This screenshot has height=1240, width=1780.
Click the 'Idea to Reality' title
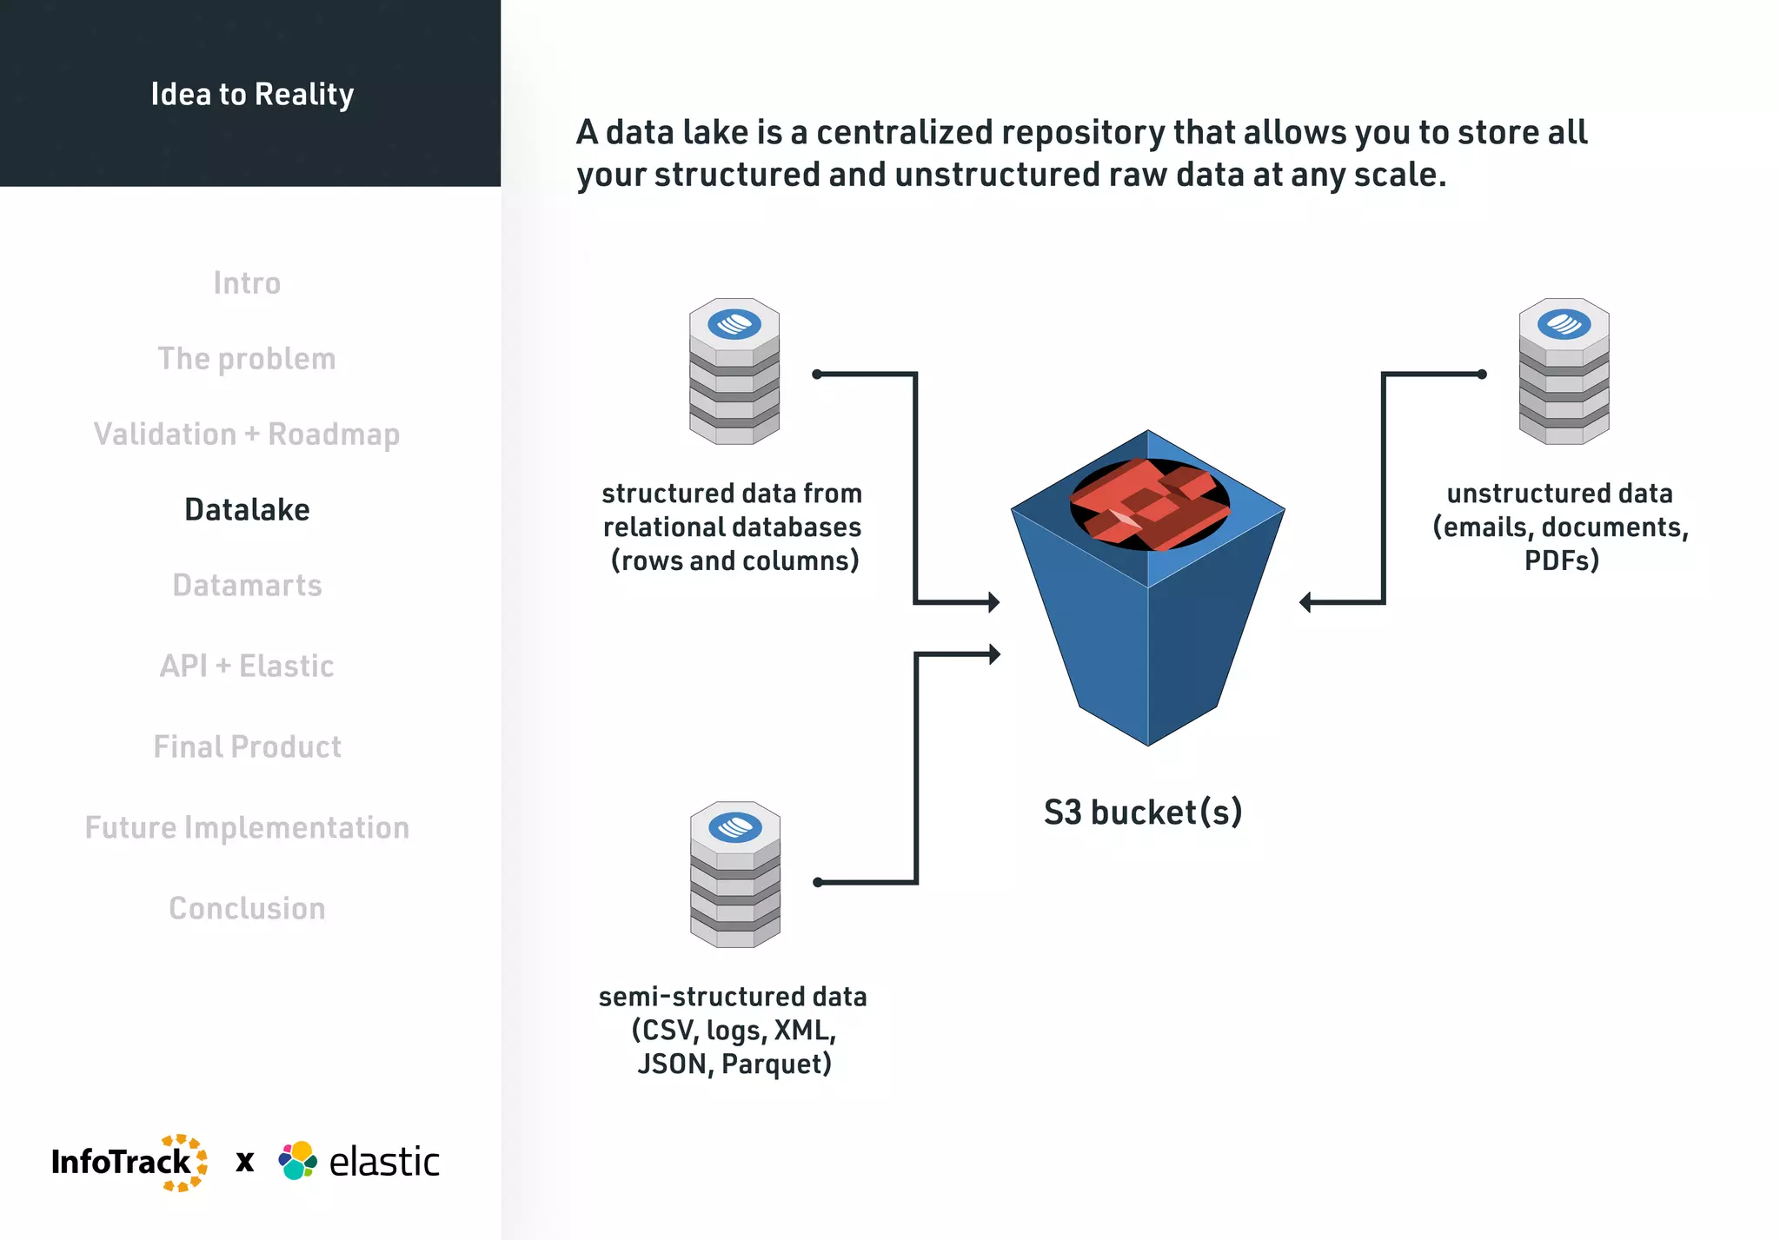tap(252, 94)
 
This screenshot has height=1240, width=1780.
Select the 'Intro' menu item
tap(247, 283)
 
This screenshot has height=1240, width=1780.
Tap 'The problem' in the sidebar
tap(247, 359)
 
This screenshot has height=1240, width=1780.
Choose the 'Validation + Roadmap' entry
tap(247, 434)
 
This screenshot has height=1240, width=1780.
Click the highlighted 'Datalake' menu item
tap(247, 510)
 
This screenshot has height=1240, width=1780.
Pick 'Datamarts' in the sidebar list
tap(247, 586)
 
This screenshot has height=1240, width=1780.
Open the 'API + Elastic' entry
tap(247, 666)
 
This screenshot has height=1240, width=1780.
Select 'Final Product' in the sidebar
tap(247, 747)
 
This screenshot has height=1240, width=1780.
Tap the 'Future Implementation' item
tap(247, 828)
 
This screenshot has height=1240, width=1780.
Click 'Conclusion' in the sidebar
tap(247, 909)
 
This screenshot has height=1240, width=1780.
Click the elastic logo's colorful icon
tap(297, 1161)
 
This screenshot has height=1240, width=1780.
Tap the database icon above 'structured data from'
tap(734, 372)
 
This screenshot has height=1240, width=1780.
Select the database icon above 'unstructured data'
tap(1564, 372)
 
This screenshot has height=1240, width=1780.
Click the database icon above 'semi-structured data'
tap(735, 874)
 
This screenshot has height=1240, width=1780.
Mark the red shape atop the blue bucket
tap(1149, 504)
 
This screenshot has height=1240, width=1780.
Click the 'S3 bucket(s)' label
tap(1143, 812)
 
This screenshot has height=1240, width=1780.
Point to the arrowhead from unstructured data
tap(1305, 602)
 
